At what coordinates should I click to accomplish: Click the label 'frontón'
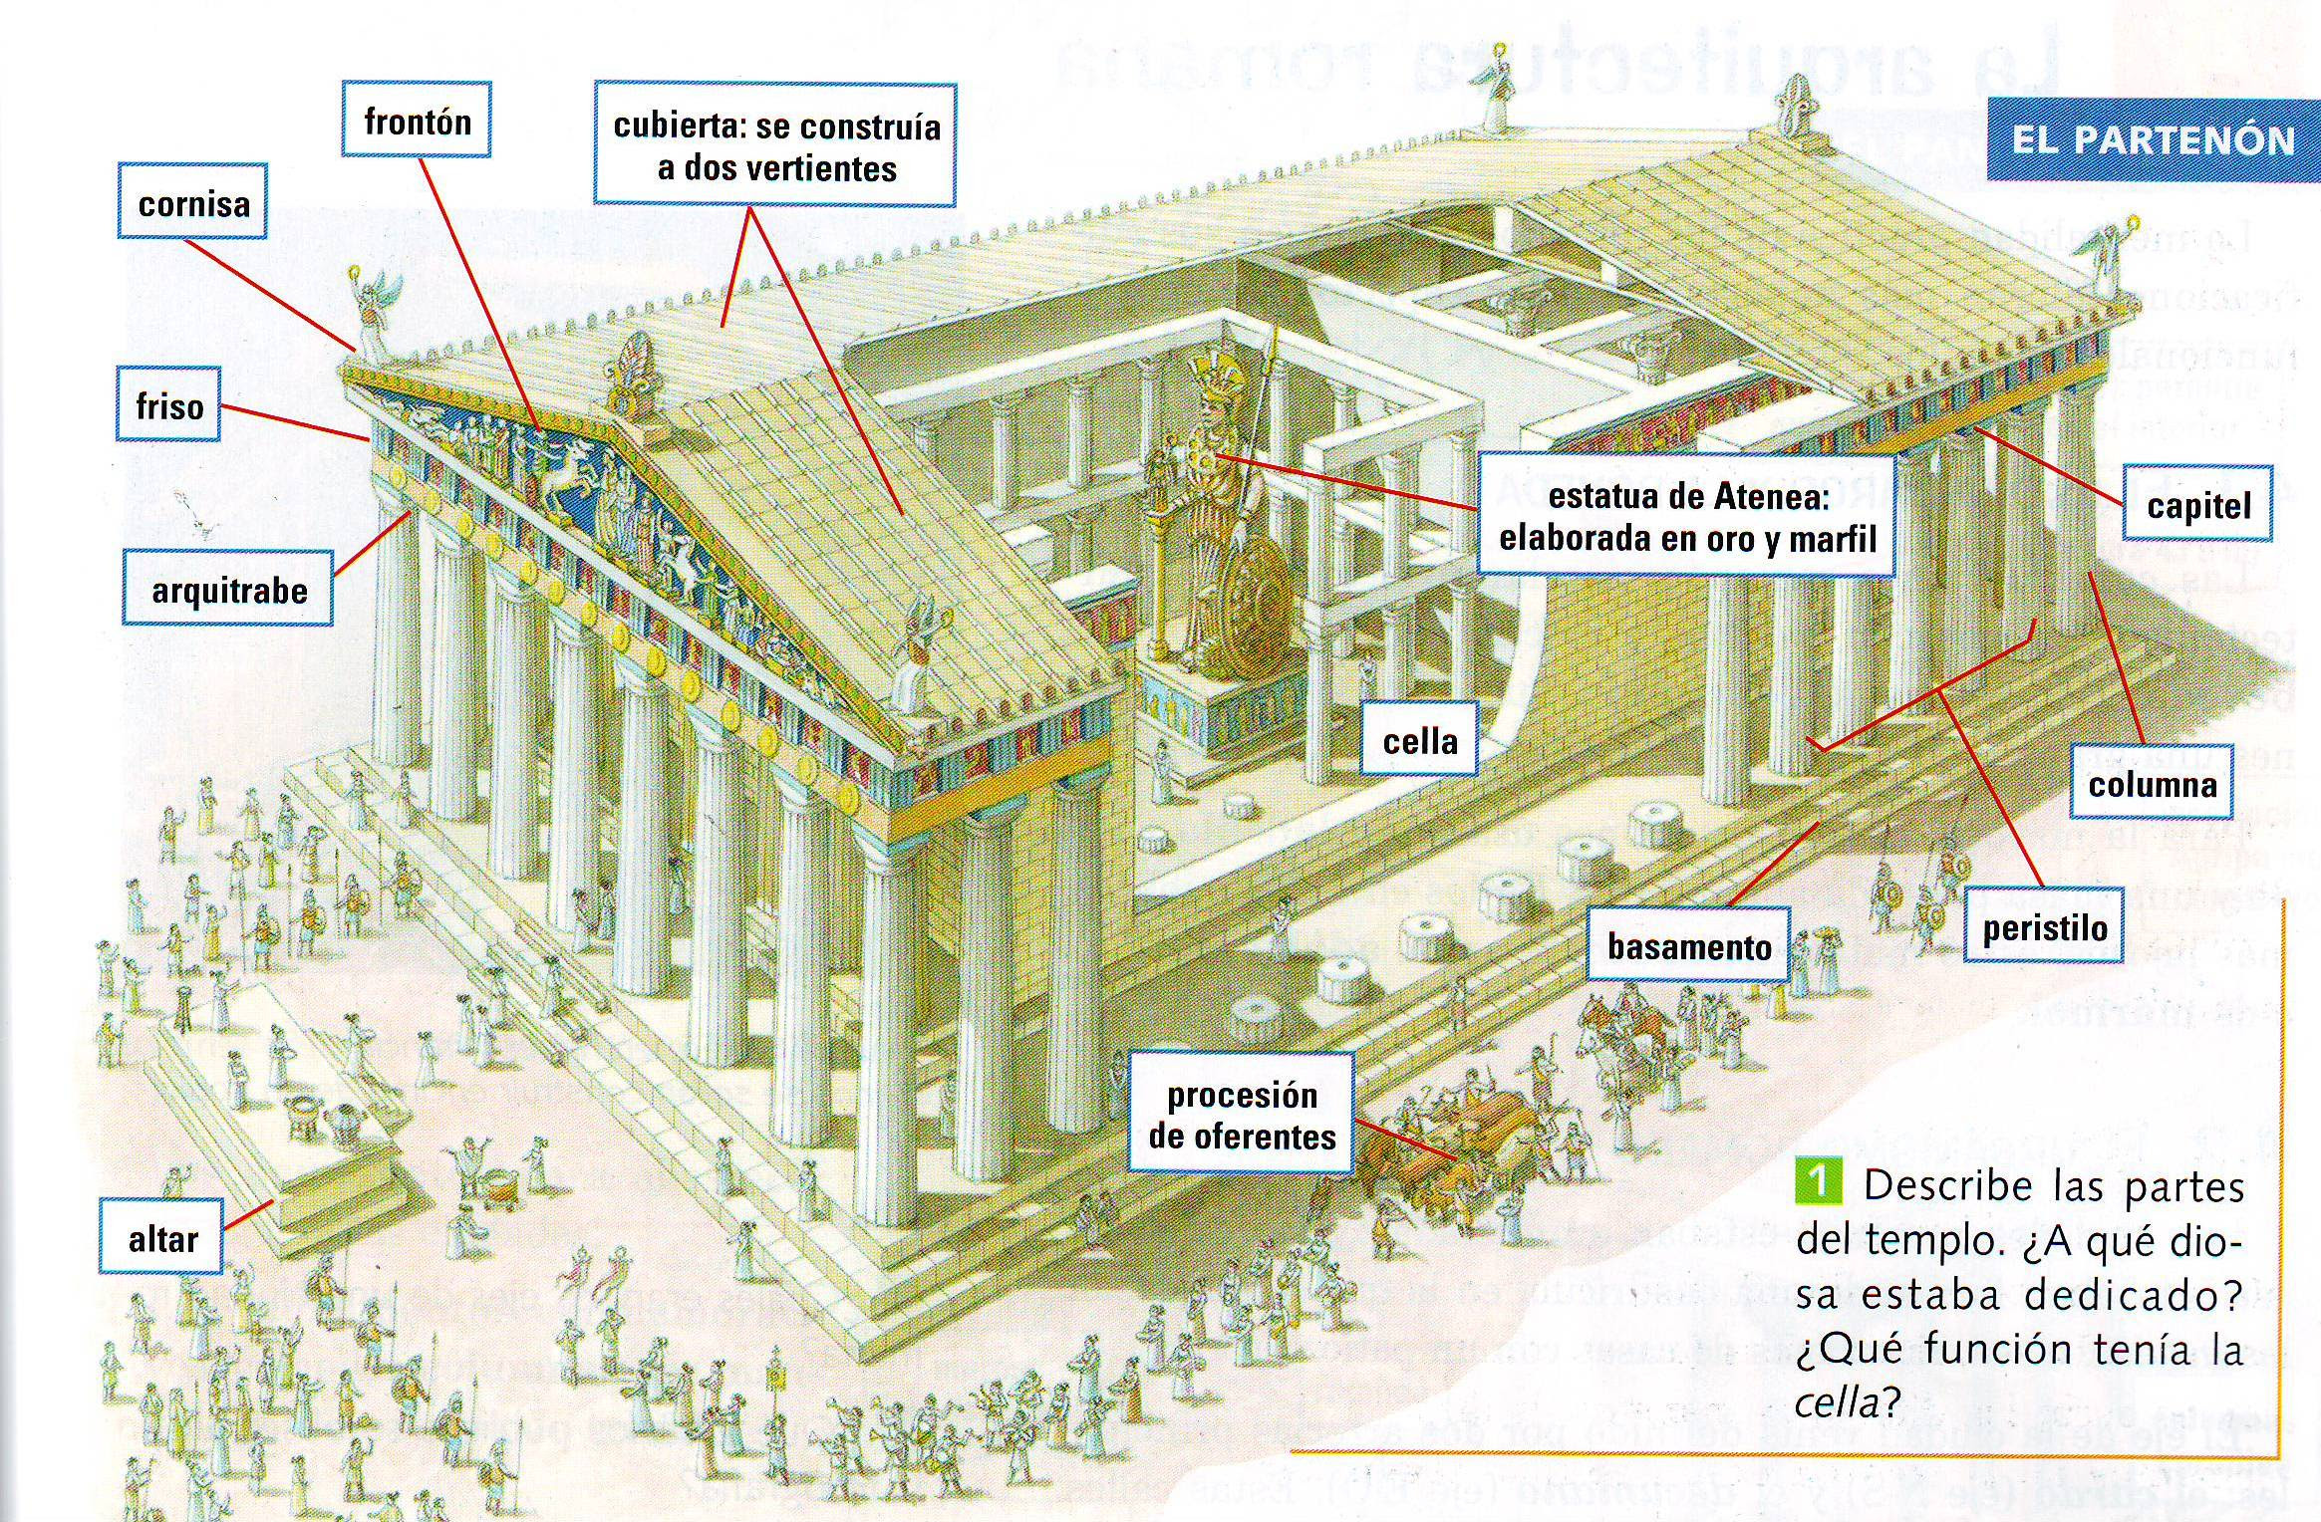(417, 122)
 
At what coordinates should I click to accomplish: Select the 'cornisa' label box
(193, 203)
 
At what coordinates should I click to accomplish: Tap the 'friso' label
(168, 405)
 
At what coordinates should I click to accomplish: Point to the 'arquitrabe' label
(228, 590)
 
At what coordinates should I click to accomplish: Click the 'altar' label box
(161, 1238)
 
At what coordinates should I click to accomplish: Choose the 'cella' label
(1419, 740)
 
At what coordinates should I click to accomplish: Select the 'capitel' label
(2198, 505)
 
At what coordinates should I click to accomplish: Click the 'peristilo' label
(2044, 927)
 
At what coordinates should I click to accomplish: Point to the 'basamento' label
(1688, 945)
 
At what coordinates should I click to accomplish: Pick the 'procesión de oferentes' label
(1242, 1115)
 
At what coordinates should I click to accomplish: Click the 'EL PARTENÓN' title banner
(2153, 139)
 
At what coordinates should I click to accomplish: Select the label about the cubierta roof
(775, 146)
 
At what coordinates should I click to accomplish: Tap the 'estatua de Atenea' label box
(1686, 517)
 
